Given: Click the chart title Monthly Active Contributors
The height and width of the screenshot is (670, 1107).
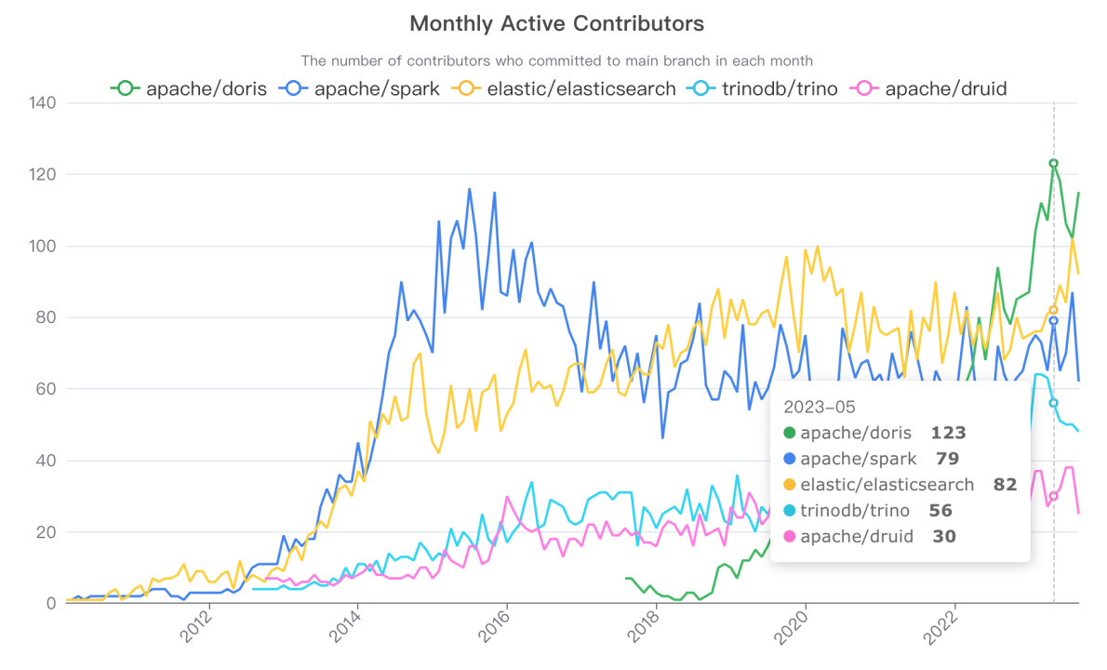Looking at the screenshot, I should click(556, 23).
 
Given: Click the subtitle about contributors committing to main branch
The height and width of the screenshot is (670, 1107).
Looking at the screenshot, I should click(556, 60).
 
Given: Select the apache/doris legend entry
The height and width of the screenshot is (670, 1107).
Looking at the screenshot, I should click(190, 89).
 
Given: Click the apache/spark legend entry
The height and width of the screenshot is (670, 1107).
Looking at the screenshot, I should click(364, 89).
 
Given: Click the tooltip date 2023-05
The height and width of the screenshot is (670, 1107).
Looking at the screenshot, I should click(819, 407).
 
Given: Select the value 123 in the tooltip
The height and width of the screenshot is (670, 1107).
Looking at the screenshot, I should click(948, 433).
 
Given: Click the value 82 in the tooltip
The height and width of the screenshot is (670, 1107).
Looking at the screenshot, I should click(1004, 484).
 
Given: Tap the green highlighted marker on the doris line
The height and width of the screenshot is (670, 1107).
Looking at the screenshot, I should click(1053, 164).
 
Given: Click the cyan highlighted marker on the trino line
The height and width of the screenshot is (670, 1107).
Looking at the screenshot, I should click(1053, 403).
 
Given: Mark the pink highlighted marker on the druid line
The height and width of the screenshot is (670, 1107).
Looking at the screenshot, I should click(1053, 496).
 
